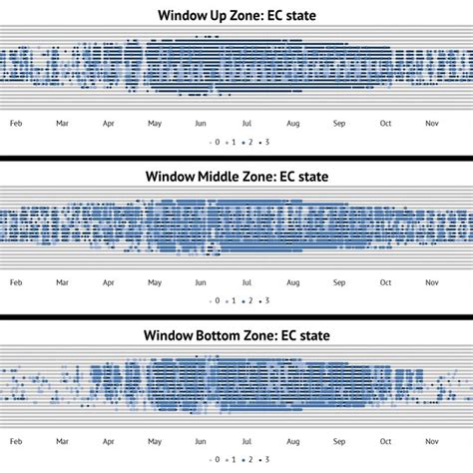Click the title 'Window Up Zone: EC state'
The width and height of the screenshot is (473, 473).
tap(236, 15)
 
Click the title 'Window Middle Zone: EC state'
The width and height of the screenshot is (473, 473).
tap(236, 177)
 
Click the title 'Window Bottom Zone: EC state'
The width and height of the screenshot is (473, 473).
tap(236, 335)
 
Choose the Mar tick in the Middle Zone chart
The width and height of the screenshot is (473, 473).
tap(62, 282)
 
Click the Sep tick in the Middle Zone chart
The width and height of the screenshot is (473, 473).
tap(339, 282)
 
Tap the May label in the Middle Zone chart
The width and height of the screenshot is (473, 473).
tap(155, 282)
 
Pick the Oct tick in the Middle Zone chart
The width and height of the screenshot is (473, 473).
tap(385, 282)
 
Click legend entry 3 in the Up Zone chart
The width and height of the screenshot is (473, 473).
tap(266, 142)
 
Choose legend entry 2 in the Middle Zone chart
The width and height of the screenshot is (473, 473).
tap(249, 300)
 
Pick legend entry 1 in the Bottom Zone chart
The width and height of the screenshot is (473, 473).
tap(234, 460)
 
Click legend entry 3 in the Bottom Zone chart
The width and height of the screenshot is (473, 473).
tap(266, 460)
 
